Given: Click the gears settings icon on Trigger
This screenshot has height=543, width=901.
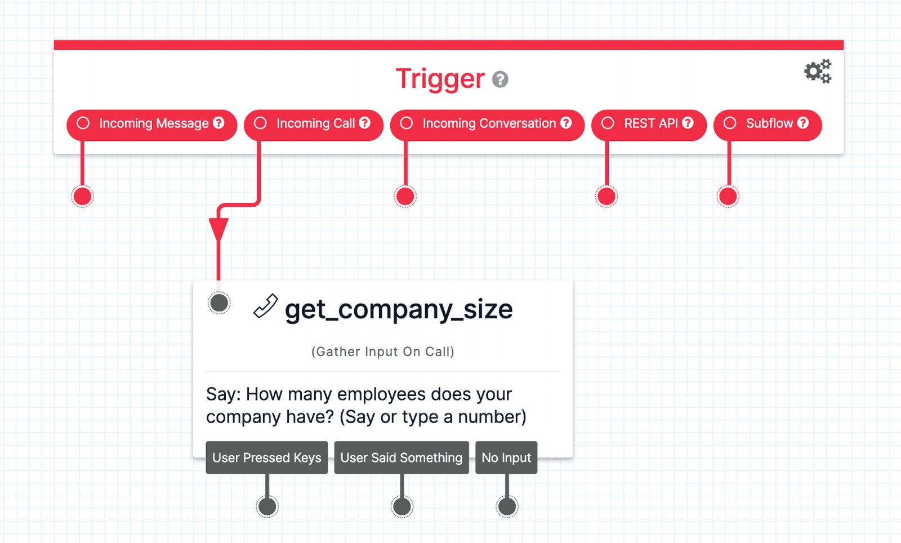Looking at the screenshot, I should pos(818,72).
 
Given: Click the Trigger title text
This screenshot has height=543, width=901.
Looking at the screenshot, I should pos(440,79).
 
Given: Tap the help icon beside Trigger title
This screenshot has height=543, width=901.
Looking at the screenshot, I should pos(500,79).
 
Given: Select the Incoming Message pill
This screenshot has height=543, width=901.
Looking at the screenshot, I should pos(152,124).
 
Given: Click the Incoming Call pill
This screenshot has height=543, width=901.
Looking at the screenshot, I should pos(314,124).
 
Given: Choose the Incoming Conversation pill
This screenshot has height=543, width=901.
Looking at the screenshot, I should pos(488,124).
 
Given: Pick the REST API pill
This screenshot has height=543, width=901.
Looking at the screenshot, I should pos(649,124).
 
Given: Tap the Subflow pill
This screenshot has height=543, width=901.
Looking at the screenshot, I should pos(768,124).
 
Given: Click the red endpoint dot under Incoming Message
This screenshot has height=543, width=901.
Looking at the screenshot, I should pos(83,197).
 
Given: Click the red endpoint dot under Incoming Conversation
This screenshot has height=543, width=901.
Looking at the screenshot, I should pos(405,197).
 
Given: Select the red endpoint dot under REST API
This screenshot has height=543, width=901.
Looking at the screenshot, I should pos(606,197).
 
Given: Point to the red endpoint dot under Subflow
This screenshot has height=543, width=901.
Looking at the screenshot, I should pos(728,197).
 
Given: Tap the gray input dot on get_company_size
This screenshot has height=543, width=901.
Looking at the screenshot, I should pos(219,303).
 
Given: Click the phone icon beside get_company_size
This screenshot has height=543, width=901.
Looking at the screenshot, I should pos(265,306).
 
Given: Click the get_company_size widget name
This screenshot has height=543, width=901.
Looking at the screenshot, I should pos(398,309).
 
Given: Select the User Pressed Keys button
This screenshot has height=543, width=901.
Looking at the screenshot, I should pos(267,457).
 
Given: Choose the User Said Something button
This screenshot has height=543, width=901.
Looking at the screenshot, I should pos(402,457).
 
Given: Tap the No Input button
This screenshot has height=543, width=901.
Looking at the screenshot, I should pos(506,457).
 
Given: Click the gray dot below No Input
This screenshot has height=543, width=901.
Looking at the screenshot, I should pos(507,506).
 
